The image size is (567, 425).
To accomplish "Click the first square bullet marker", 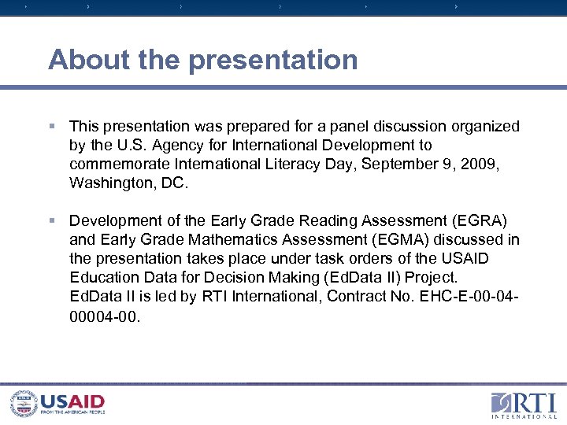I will click(x=52, y=126).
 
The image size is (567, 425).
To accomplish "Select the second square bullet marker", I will click(x=52, y=220).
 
